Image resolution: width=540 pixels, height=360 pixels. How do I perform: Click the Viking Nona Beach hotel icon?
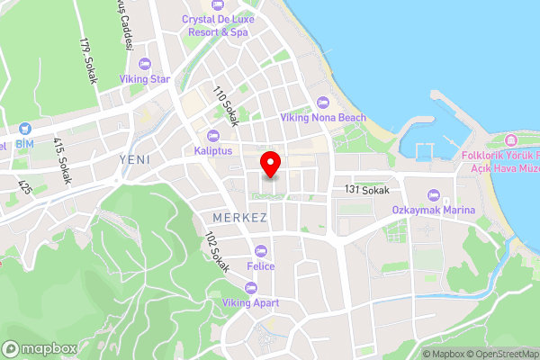[323, 102]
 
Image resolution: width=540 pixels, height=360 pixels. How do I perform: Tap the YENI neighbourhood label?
[133, 158]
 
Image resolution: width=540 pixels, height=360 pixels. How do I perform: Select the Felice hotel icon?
[262, 250]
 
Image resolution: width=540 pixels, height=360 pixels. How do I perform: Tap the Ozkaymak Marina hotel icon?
[433, 195]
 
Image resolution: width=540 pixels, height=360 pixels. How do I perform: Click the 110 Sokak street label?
[224, 106]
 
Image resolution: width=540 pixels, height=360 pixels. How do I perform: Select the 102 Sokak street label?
[217, 253]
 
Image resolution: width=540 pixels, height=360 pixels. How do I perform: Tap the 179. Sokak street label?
[87, 60]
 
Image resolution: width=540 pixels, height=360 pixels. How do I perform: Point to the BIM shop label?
[24, 144]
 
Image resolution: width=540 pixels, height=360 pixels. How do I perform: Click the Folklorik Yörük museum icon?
[511, 139]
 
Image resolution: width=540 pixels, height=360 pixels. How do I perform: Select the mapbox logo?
[39, 348]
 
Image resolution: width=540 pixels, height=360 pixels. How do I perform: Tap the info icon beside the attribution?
[410, 353]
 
